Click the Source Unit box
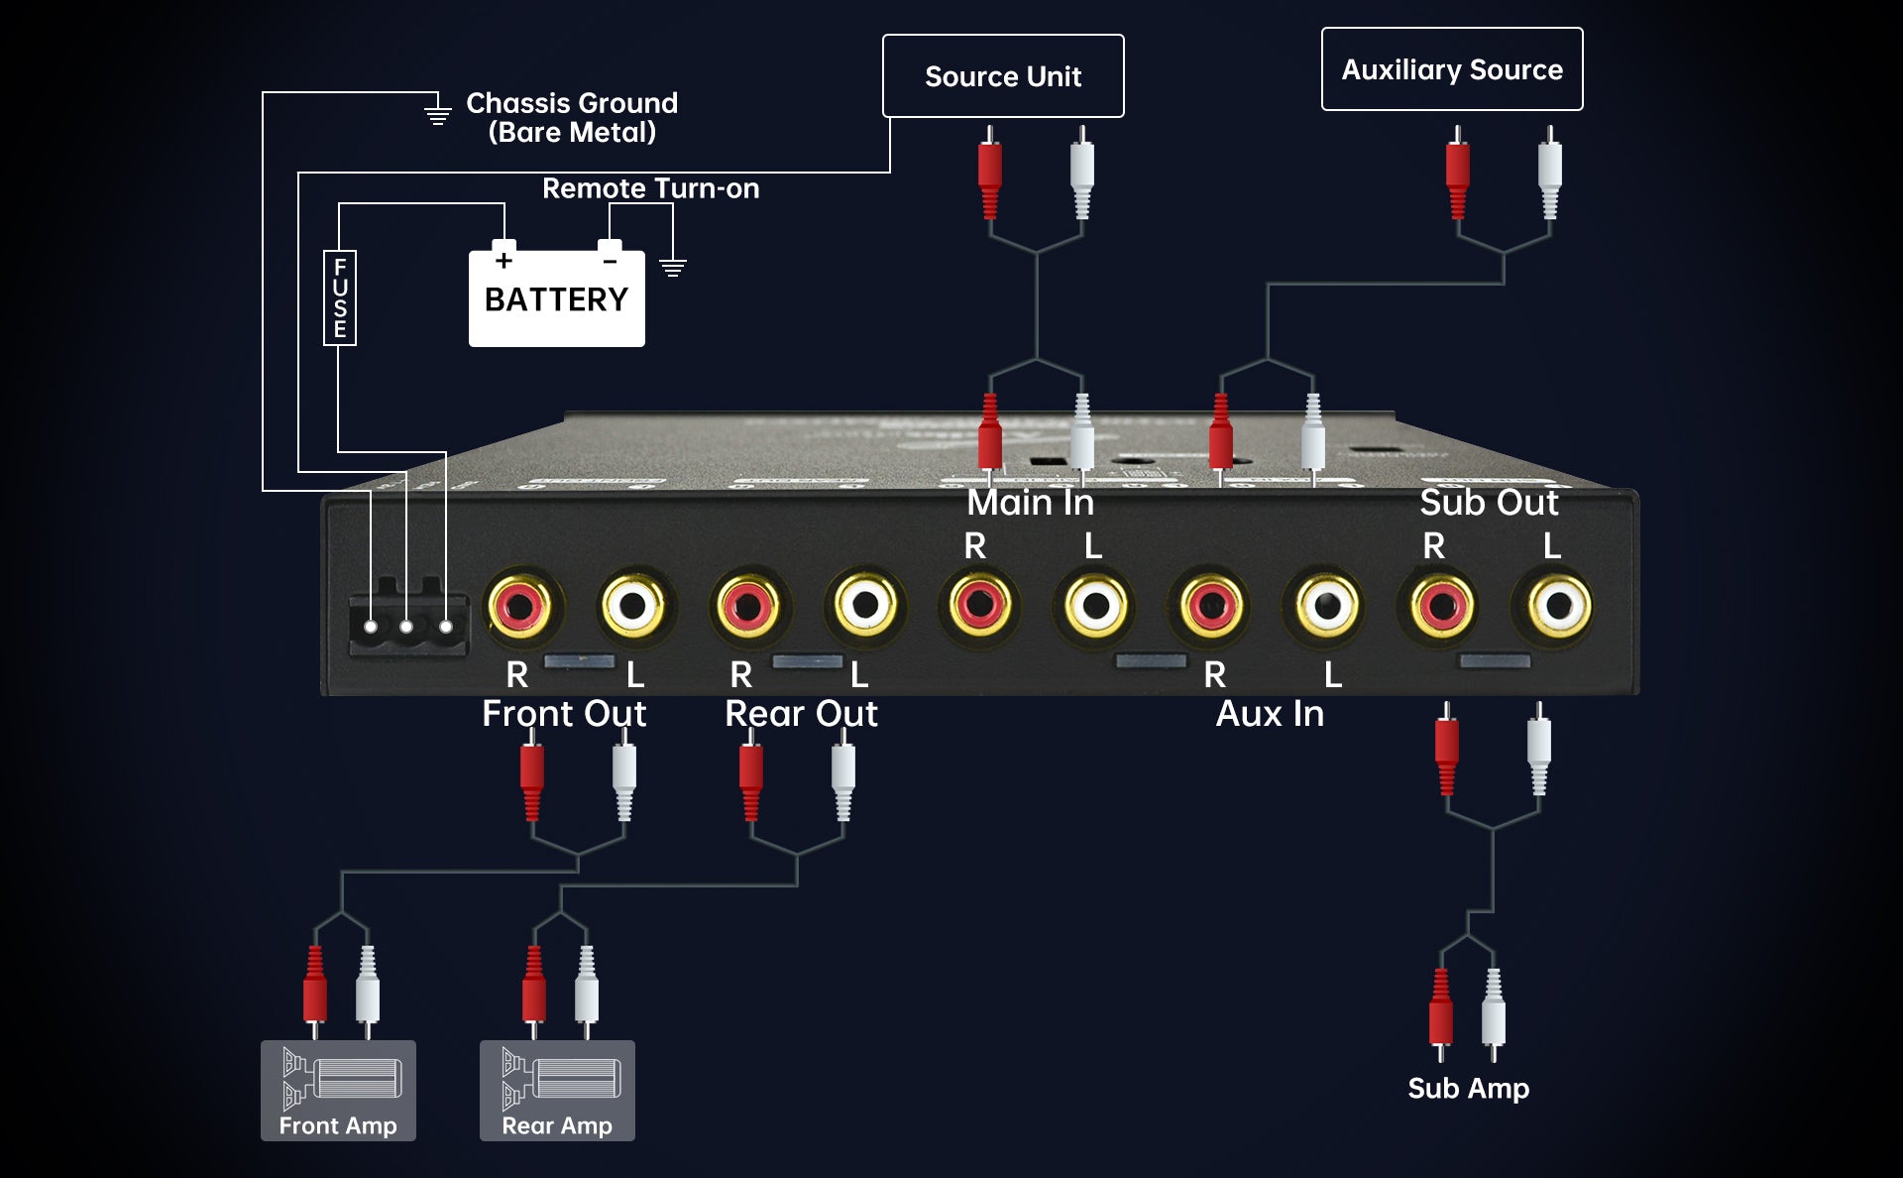pos(1003,76)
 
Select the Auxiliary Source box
pos(1452,69)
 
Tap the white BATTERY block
pos(556,298)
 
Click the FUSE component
pos(340,297)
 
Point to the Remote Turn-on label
pos(650,188)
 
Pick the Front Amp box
pos(338,1090)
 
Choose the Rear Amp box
pos(557,1090)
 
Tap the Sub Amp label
pos(1468,1088)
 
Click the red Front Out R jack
pos(521,605)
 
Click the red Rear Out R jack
pos(748,605)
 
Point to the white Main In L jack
pos(1095,605)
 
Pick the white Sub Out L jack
pos(1558,605)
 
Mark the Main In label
pos(1030,502)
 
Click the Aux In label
pos(1270,714)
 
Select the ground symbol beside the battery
pos(673,267)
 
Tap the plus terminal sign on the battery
pos(504,261)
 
